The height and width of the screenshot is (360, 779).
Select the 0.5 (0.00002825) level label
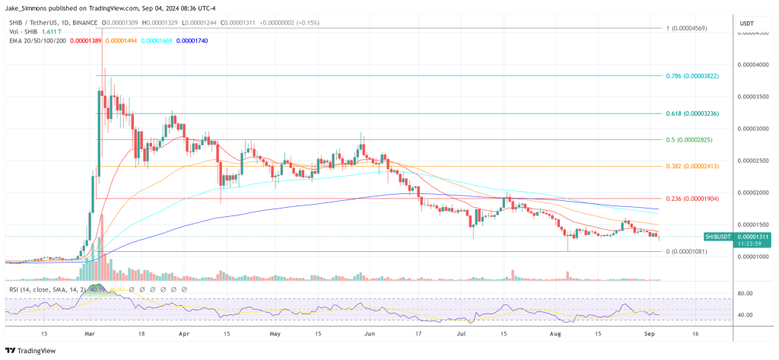(x=687, y=140)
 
